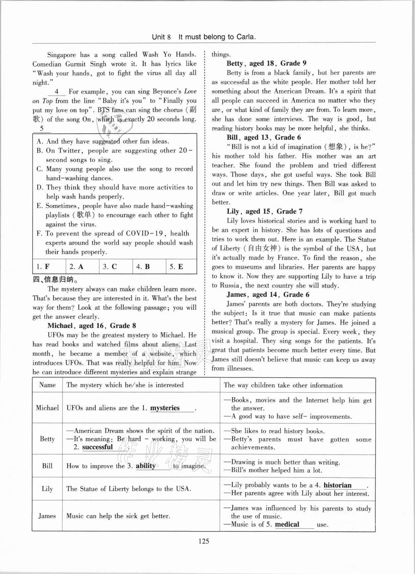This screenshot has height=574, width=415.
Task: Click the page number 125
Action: click(204, 541)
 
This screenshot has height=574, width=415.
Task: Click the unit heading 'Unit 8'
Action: click(161, 37)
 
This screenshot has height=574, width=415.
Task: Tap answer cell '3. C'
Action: click(111, 267)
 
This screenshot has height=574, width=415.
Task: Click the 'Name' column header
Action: click(47, 385)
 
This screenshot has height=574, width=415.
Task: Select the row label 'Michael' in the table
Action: click(47, 408)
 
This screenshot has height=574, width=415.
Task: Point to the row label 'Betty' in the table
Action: click(47, 439)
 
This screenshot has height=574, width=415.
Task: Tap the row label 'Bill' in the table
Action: click(47, 466)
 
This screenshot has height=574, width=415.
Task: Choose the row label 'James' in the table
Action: click(47, 516)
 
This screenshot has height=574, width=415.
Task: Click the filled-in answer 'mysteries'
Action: click(165, 408)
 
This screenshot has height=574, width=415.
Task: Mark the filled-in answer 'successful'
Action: click(98, 447)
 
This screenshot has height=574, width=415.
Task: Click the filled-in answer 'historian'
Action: click(337, 485)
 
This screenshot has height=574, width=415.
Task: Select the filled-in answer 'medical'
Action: click(287, 525)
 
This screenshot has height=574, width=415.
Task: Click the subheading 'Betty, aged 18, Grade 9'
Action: click(266, 63)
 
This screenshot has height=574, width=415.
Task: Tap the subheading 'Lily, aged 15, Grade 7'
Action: click(265, 211)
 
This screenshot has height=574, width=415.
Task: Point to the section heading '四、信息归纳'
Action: click(55, 280)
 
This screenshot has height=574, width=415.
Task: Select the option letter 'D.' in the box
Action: click(40, 187)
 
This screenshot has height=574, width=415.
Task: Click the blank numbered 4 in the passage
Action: click(57, 92)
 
